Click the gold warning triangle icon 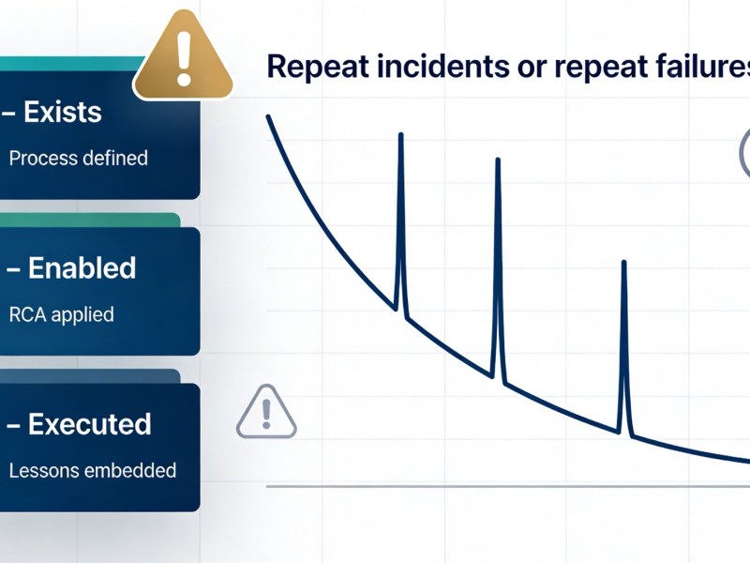click(183, 55)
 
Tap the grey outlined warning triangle click(266, 412)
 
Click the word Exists click(63, 112)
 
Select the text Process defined click(79, 159)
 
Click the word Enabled click(82, 267)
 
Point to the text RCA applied click(62, 314)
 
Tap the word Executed click(90, 424)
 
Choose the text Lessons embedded click(93, 471)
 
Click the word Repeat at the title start click(318, 67)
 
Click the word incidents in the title click(443, 66)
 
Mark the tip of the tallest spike click(401, 135)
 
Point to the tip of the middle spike click(498, 160)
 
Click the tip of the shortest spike click(623, 263)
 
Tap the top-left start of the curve click(268, 116)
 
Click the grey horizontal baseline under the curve click(508, 486)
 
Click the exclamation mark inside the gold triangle click(184, 58)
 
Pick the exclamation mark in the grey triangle click(267, 414)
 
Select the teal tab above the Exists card click(72, 64)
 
